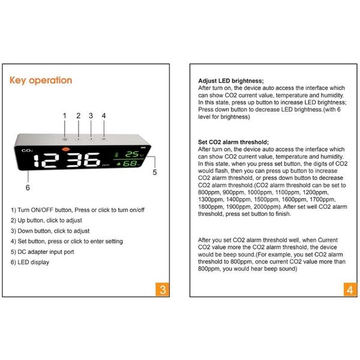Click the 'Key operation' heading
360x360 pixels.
pos(41,80)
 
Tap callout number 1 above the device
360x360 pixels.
pos(65,115)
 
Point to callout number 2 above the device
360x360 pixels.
pos(78,115)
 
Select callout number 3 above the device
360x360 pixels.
pos(91,115)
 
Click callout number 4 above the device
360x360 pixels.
pos(104,115)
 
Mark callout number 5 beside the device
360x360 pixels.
pos(154,172)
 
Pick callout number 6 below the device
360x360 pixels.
pos(28,187)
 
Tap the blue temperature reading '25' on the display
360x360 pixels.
pos(131,154)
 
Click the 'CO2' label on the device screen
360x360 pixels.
pos(27,151)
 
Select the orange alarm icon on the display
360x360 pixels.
pos(65,148)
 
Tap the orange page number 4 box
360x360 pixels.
pos(350,290)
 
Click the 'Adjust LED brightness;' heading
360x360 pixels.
pos(231,80)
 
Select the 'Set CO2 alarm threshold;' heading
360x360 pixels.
pos(233,142)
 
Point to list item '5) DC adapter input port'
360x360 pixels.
pos(43,252)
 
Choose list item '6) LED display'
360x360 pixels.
pos(30,262)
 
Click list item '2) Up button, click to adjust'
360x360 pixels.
pos(49,220)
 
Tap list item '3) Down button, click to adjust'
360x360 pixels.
pos(50,231)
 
